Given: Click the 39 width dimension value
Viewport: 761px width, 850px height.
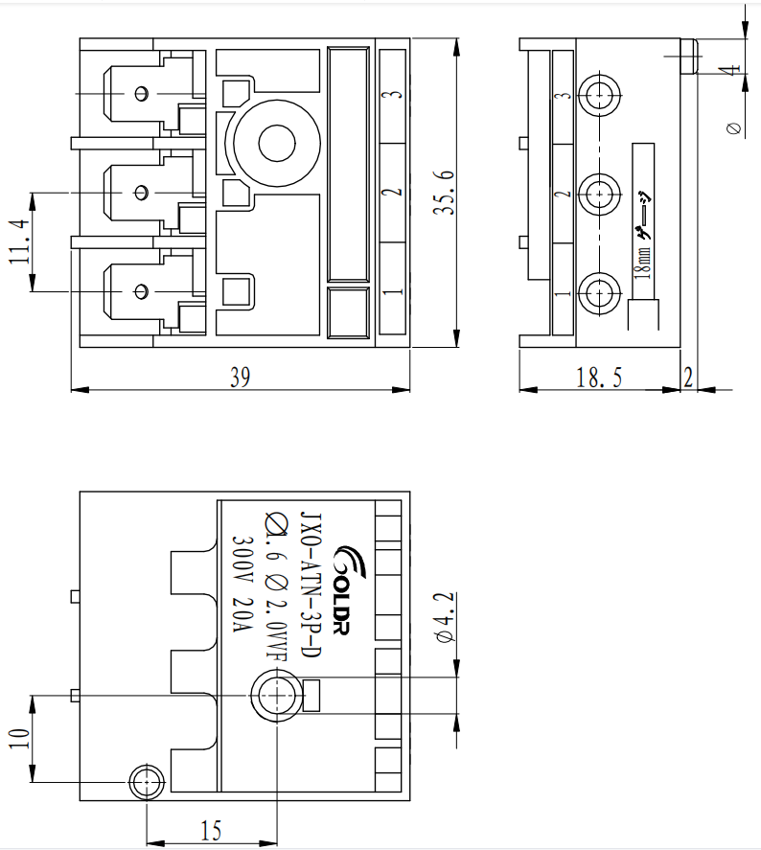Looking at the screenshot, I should (x=240, y=378).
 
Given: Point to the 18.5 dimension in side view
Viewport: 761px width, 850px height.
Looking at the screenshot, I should (x=599, y=378).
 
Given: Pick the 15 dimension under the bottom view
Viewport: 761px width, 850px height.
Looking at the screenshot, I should (x=211, y=831).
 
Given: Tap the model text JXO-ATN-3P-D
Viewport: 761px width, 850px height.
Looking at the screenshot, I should (x=310, y=584).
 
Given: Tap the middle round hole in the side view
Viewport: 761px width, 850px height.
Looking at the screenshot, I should (x=602, y=193).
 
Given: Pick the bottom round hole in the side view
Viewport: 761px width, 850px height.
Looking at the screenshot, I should (x=602, y=291).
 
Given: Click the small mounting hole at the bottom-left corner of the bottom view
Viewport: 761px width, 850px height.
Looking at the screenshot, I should (x=146, y=780).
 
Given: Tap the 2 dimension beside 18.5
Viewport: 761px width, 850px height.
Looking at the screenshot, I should (x=688, y=378).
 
